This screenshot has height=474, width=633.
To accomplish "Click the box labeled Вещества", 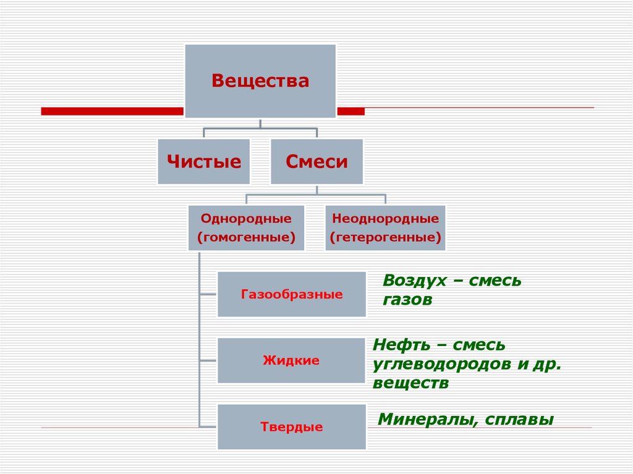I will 260,81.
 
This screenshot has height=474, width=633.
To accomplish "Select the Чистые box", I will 203,162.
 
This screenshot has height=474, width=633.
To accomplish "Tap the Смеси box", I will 316,162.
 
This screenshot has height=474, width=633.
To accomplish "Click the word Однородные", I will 246,218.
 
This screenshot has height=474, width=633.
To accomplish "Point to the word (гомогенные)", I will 246,237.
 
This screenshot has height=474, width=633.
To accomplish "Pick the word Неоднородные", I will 385,218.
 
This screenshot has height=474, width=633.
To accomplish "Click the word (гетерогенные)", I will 385,237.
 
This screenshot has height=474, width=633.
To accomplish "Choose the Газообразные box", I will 291,294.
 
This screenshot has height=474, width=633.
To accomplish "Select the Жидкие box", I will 291,360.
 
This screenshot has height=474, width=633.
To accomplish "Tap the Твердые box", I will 291,426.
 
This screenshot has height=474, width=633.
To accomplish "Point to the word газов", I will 407,300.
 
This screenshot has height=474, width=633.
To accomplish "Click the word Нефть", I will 401,344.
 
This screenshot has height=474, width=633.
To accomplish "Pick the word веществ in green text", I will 410,383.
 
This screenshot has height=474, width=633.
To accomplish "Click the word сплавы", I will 520,420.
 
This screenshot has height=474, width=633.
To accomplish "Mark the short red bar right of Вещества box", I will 350,111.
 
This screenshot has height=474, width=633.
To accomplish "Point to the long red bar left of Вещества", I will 112,111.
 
